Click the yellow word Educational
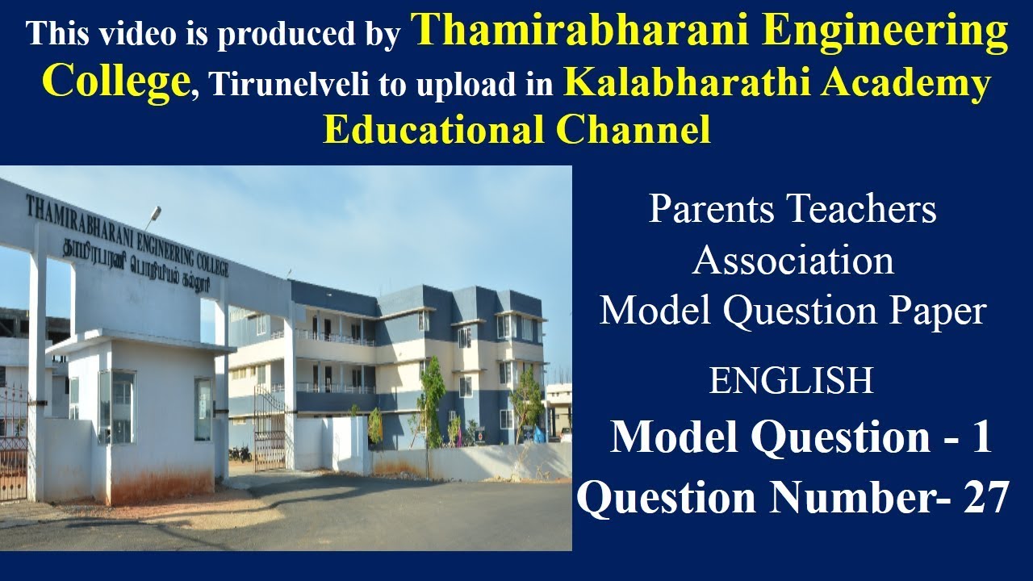click(x=435, y=130)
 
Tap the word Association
click(x=793, y=261)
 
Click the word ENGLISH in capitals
click(x=791, y=381)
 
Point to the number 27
click(x=985, y=498)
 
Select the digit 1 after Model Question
click(x=980, y=438)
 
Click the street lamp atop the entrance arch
click(x=152, y=213)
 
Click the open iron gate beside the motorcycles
click(x=269, y=428)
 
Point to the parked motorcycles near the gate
click(x=240, y=454)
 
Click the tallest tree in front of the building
click(x=432, y=395)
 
